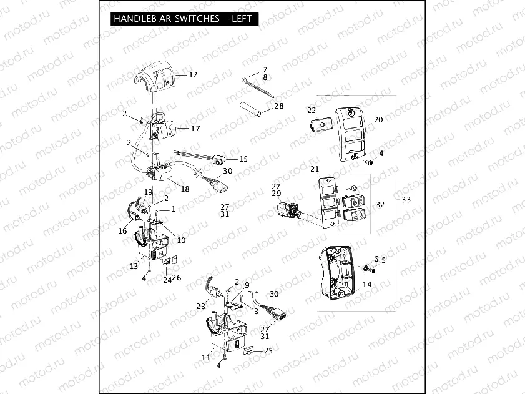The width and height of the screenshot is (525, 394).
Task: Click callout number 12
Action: tap(193, 75)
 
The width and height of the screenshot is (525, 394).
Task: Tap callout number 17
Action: tap(195, 129)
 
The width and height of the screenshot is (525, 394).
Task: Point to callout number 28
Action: tap(278, 106)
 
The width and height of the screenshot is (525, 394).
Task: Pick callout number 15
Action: tap(243, 159)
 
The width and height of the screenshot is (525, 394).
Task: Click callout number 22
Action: tap(312, 110)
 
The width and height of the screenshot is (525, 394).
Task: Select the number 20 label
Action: tap(378, 119)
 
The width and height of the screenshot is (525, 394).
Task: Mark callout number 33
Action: tap(406, 200)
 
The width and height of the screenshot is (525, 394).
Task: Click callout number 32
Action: tap(380, 204)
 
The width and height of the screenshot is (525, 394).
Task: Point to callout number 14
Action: tap(366, 284)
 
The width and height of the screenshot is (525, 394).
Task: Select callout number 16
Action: tap(122, 231)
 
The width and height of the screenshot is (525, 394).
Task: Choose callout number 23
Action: tap(200, 306)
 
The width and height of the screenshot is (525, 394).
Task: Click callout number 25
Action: tap(269, 351)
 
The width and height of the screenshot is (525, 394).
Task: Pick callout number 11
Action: tap(206, 357)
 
